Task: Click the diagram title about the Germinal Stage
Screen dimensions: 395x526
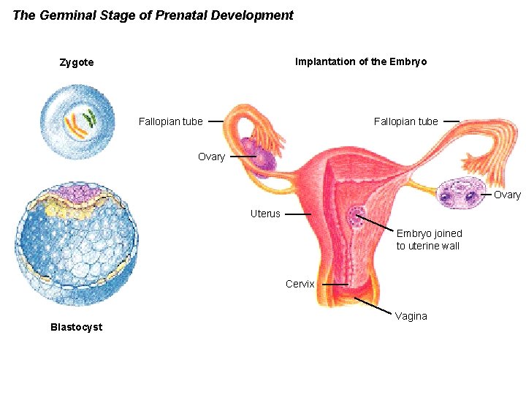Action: (153, 15)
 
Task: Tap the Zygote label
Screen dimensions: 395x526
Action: (77, 62)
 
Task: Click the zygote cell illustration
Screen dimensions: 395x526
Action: (77, 120)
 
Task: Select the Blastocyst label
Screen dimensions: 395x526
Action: (76, 327)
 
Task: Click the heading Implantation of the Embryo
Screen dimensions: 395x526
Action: (361, 61)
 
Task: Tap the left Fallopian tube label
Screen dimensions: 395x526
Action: (171, 121)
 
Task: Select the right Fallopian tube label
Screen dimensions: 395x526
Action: (406, 121)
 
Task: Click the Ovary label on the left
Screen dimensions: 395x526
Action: (211, 157)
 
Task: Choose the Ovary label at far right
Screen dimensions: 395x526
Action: (507, 195)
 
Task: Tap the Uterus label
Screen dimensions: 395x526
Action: (265, 214)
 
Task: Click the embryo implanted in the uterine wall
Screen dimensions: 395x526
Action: (357, 217)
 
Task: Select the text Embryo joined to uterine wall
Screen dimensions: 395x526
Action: (429, 239)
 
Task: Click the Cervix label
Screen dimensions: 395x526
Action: (300, 284)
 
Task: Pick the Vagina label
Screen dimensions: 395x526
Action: (411, 316)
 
